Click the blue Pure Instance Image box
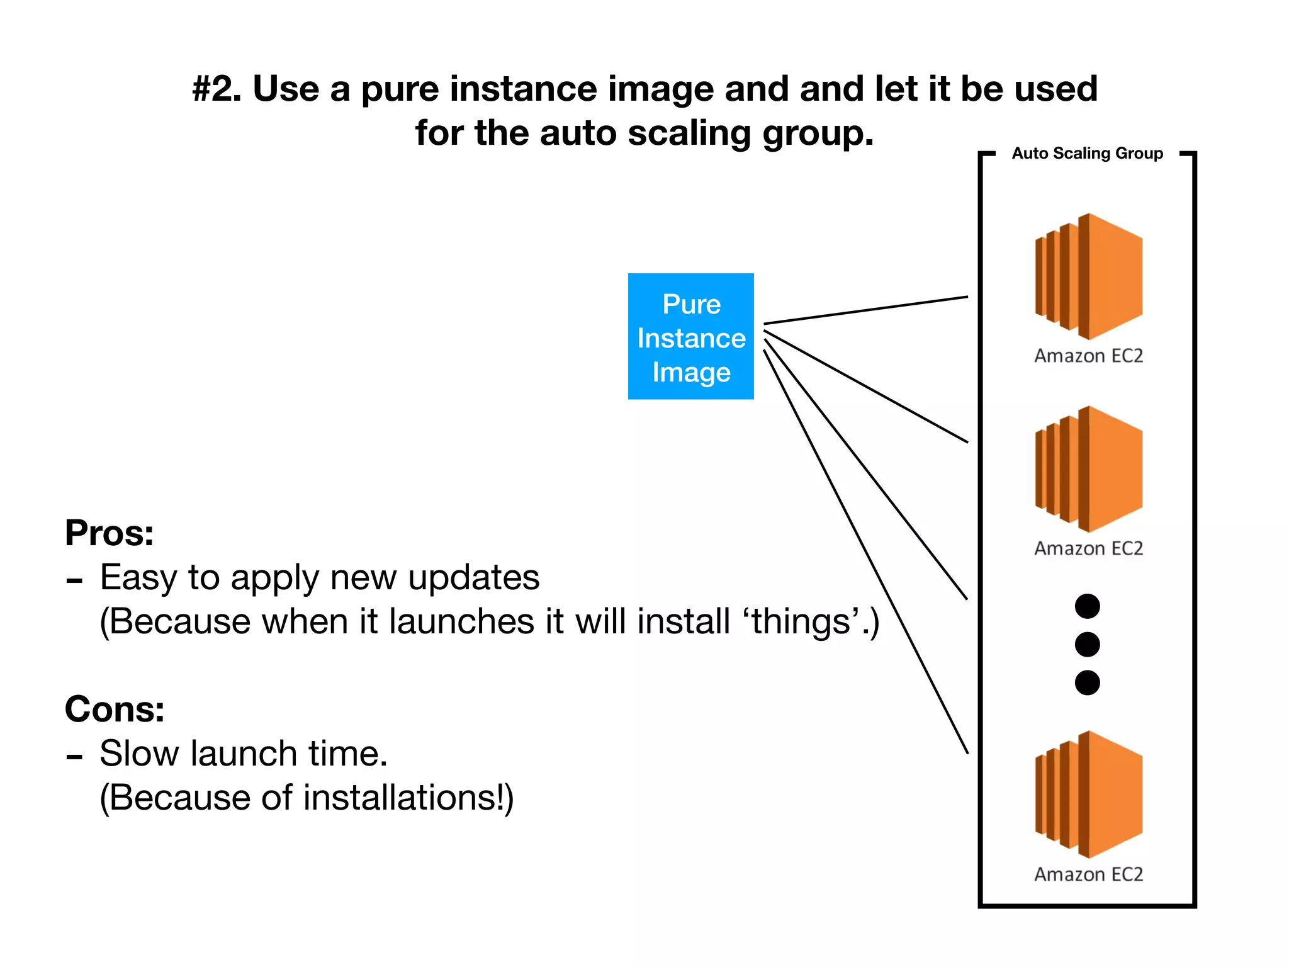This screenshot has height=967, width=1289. tap(690, 336)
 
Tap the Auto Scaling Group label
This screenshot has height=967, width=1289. tap(1087, 154)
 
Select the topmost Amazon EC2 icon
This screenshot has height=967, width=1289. tap(1089, 276)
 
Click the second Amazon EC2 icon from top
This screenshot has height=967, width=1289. tap(1089, 469)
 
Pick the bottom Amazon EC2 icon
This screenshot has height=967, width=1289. tap(1089, 795)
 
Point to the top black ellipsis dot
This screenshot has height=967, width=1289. tap(1087, 606)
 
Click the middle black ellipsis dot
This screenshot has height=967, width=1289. tap(1087, 645)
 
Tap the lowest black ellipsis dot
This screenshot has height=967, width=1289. tap(1087, 682)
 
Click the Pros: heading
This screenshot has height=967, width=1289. tap(110, 533)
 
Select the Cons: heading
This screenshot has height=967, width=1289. tap(115, 710)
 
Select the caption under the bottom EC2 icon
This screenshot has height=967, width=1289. tap(1088, 874)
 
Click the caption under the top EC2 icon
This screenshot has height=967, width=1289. tap(1088, 356)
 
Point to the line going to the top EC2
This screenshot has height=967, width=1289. tap(865, 310)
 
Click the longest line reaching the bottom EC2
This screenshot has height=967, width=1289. tap(866, 551)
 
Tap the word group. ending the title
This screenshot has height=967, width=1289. tap(818, 134)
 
